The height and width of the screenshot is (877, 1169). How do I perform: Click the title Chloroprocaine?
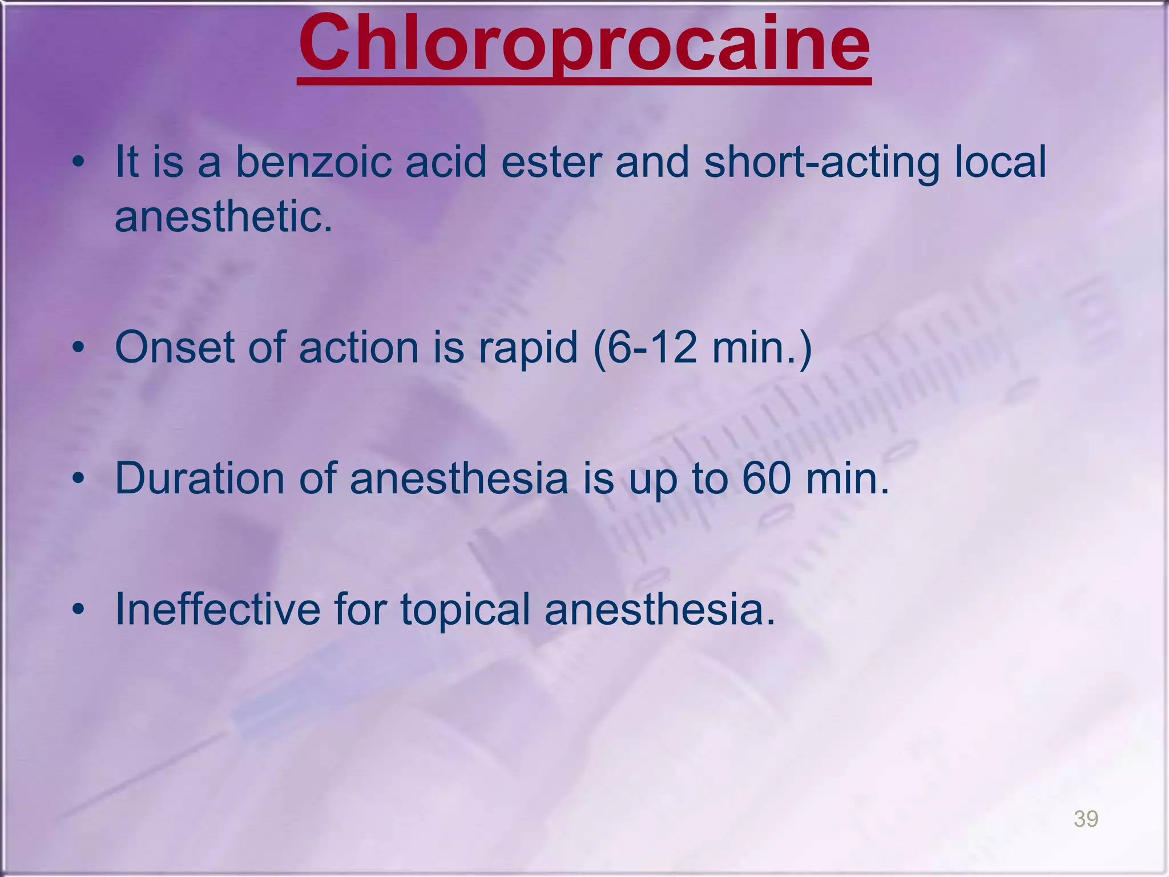coord(584,46)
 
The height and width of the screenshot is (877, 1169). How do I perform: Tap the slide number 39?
coord(1086,818)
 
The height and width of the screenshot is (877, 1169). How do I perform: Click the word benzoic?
coord(313,162)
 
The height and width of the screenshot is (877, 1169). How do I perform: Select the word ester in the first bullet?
coord(551,162)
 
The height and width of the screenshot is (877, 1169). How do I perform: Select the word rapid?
coord(528,348)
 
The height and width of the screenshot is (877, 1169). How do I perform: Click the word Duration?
coord(199,478)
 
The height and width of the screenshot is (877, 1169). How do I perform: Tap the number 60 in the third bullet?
coord(767,478)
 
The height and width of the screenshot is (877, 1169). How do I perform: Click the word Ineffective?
coord(217,609)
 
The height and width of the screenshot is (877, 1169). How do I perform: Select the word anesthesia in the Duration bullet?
coord(459,478)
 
